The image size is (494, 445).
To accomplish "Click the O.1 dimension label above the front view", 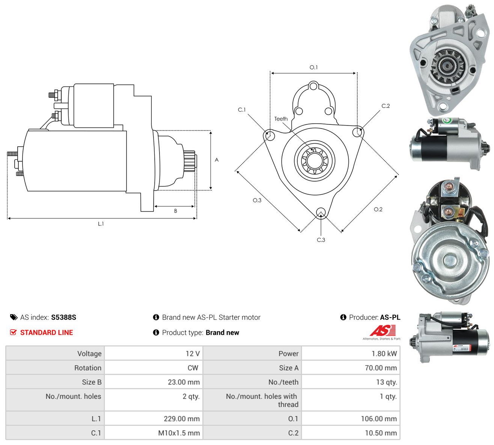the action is pyautogui.click(x=313, y=67).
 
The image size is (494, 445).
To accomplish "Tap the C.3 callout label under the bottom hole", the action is pyautogui.click(x=321, y=240).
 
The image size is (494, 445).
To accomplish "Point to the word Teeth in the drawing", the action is pyautogui.click(x=281, y=119).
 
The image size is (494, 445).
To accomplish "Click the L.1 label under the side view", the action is pyautogui.click(x=101, y=224).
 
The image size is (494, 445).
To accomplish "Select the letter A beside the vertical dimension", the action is pyautogui.click(x=217, y=160).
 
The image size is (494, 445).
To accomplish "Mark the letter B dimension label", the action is pyautogui.click(x=176, y=211).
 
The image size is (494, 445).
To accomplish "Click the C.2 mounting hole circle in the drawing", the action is pyautogui.click(x=357, y=132).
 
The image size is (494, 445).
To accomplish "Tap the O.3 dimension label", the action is pyautogui.click(x=257, y=200).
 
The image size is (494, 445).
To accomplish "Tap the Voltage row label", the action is pyautogui.click(x=89, y=354).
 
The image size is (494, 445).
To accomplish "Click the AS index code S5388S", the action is pyautogui.click(x=63, y=317).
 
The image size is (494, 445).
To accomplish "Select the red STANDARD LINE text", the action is pyautogui.click(x=47, y=333).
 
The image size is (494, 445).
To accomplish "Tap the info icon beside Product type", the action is pyautogui.click(x=156, y=333).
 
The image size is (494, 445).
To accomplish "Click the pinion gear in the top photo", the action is pyautogui.click(x=446, y=66).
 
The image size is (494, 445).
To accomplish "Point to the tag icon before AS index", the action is pyautogui.click(x=14, y=317).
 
